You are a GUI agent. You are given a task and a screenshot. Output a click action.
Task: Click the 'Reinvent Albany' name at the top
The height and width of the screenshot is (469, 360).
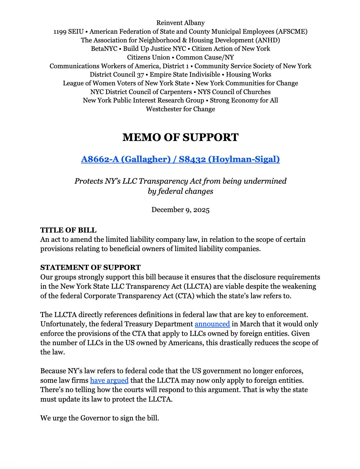(180, 23)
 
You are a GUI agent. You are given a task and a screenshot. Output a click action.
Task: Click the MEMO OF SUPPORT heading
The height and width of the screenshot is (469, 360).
(180, 137)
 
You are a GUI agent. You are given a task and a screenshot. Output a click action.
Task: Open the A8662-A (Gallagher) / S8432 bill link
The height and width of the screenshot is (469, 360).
(180, 159)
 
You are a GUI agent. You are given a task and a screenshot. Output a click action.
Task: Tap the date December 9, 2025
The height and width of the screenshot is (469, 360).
(180, 210)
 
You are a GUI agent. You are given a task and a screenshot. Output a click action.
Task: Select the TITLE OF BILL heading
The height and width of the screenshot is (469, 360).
(68, 230)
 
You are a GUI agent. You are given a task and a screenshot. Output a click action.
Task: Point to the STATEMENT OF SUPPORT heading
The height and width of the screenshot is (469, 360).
(90, 267)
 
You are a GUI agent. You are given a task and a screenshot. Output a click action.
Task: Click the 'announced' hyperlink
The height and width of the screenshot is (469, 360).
(212, 324)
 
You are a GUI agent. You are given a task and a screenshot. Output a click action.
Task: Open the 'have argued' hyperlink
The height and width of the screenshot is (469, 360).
(109, 381)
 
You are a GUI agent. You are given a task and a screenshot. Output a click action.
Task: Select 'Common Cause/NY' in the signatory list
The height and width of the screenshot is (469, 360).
(205, 57)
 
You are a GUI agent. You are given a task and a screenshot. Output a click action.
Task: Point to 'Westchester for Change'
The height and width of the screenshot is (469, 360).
(180, 109)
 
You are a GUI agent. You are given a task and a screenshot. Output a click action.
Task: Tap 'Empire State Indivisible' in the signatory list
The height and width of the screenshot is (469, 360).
(185, 74)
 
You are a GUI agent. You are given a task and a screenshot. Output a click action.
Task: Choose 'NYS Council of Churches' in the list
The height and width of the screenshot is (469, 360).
(234, 92)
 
